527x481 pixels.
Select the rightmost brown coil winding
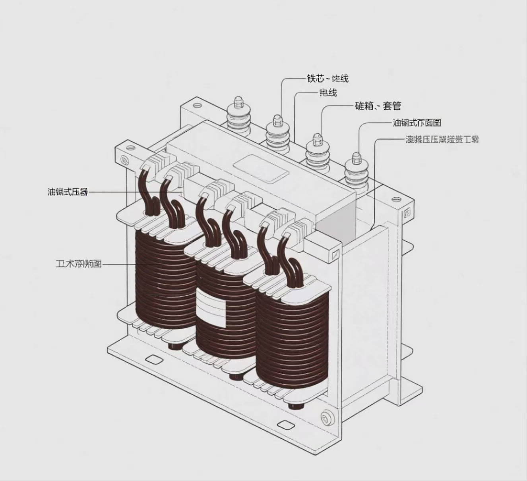tap(292, 341)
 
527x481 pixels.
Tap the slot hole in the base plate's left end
tap(152, 359)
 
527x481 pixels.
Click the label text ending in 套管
tap(378, 106)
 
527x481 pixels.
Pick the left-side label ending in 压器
tap(68, 192)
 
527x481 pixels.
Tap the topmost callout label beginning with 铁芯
tap(327, 78)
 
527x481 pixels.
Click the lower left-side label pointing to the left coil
tap(78, 264)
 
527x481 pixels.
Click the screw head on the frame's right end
tap(407, 213)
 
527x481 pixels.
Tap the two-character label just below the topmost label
tap(328, 93)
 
